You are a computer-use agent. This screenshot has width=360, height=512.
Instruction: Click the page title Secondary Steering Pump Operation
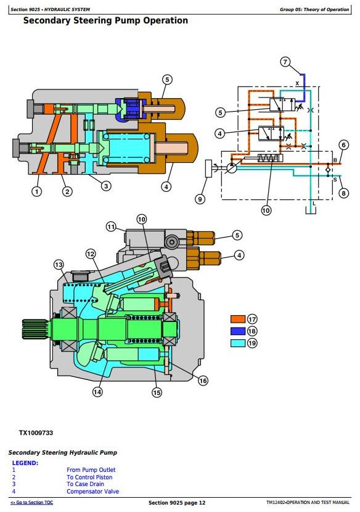105,21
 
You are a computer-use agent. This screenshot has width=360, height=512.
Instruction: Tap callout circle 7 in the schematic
285,62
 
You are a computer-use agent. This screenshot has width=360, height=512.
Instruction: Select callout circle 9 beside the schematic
200,199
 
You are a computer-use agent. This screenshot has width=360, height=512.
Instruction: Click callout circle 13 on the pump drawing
59,265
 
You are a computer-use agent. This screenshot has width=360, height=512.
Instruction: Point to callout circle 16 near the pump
203,381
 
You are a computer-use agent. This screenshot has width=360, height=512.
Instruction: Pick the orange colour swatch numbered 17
237,319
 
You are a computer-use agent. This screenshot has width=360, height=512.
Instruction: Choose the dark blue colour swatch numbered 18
237,331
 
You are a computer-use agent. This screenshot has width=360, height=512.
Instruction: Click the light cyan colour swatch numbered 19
237,343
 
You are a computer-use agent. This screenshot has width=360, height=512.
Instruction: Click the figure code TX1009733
36,433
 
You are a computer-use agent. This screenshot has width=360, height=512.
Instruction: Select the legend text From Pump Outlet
91,470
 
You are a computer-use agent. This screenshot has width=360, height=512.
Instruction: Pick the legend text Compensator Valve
92,492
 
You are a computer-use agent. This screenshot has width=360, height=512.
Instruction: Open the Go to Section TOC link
31,503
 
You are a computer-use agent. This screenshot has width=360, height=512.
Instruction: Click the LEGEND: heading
25,463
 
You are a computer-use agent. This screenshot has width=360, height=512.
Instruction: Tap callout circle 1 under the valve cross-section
36,191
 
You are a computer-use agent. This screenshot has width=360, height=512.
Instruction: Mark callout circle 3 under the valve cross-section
106,186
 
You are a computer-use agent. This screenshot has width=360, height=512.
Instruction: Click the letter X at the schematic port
297,83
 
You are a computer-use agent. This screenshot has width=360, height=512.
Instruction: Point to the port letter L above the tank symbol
314,204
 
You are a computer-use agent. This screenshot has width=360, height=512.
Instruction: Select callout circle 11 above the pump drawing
111,226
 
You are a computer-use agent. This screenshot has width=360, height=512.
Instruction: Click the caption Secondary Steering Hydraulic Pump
63,453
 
